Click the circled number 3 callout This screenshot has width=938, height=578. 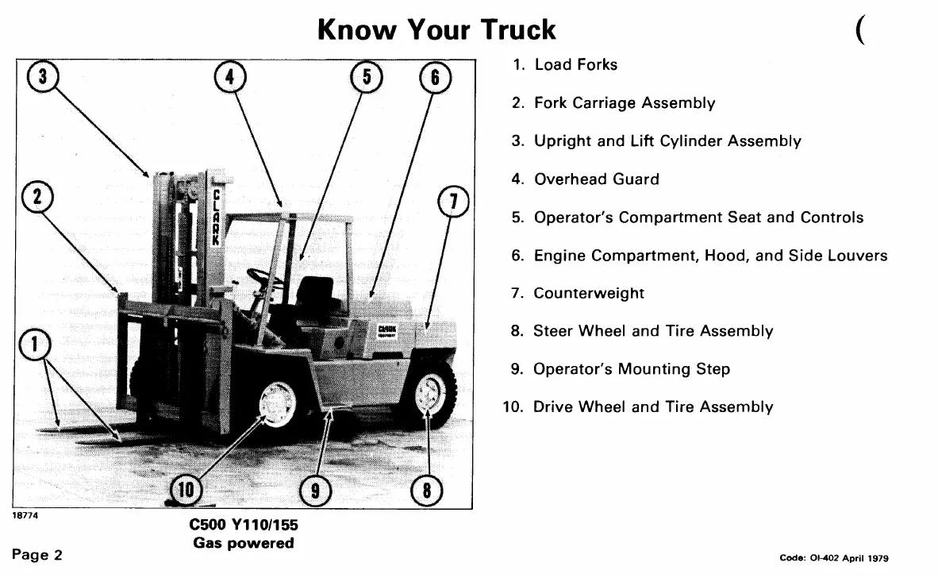[44, 78]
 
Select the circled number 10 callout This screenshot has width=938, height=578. [185, 491]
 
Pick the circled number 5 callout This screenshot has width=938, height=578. [367, 78]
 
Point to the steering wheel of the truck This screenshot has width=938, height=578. [262, 278]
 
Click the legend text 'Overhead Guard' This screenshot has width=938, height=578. [596, 179]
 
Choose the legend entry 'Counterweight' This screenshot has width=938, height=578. [588, 294]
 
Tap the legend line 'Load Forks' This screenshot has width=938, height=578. [575, 65]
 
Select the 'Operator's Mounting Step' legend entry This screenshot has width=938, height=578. [631, 369]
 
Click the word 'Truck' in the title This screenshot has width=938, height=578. [518, 29]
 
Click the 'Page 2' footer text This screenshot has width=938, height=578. [37, 554]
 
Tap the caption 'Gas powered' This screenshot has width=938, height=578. [243, 543]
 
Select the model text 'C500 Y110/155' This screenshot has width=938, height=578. [243, 526]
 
